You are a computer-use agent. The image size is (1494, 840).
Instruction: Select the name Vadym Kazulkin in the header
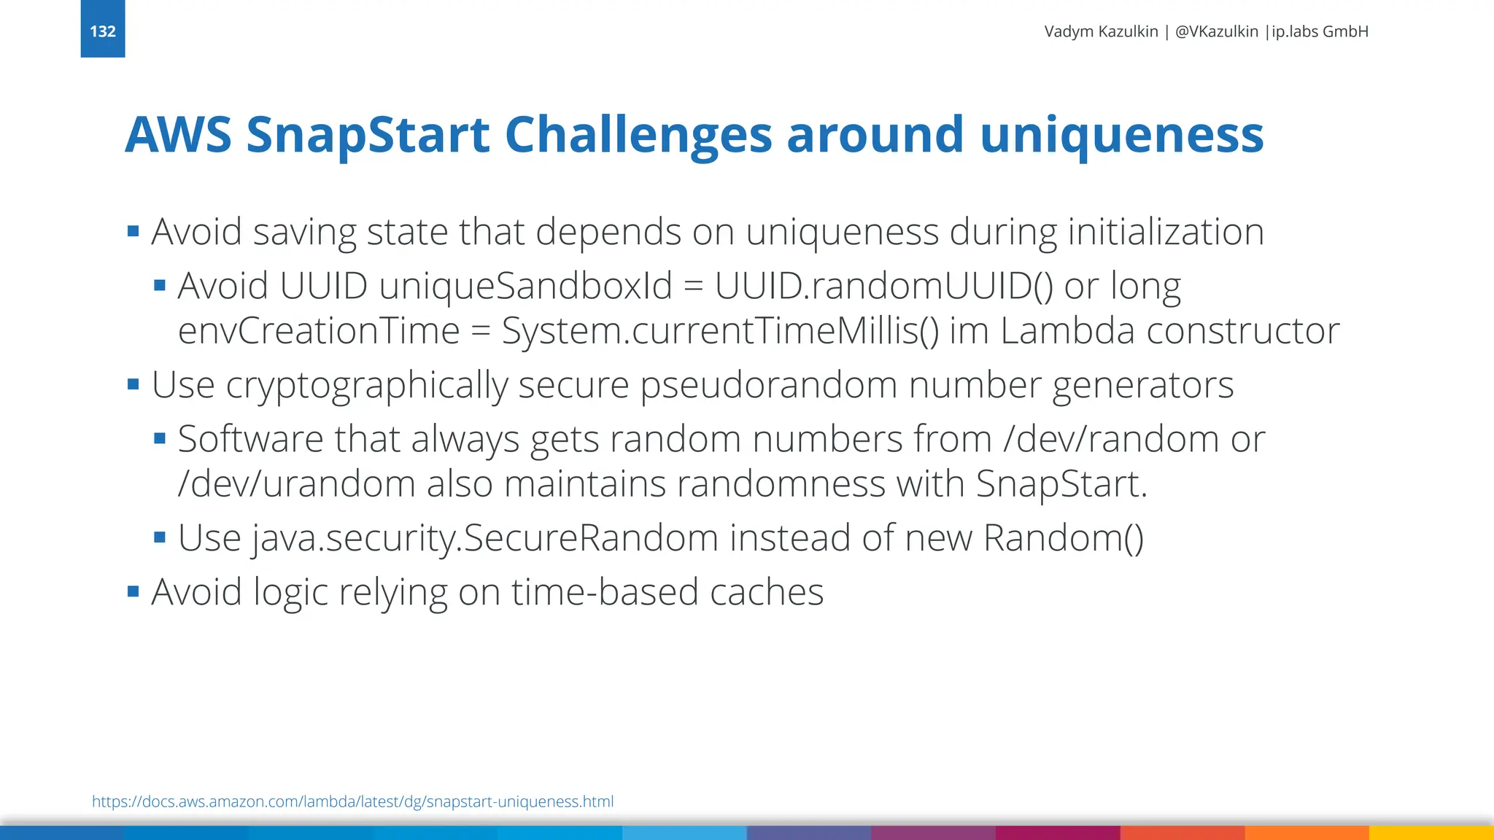click(x=1101, y=31)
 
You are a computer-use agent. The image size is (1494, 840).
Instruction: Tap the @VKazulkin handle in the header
click(x=1217, y=31)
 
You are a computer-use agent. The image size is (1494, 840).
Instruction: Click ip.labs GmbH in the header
click(x=1320, y=31)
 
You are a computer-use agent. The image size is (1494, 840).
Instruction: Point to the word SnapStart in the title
click(x=368, y=135)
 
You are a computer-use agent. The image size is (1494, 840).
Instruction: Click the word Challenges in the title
click(x=638, y=135)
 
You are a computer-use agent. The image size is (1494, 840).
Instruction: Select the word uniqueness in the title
click(x=1121, y=135)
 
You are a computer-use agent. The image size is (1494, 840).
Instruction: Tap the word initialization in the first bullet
click(x=1166, y=232)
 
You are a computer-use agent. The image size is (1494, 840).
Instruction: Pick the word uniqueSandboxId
click(x=525, y=286)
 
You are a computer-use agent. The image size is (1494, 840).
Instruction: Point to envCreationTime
click(x=319, y=331)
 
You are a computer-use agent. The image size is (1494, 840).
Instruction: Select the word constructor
click(x=1243, y=331)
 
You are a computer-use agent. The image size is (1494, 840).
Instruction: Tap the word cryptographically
click(x=367, y=385)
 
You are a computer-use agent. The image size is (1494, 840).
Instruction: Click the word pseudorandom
click(x=768, y=385)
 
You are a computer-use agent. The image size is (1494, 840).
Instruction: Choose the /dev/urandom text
click(x=297, y=484)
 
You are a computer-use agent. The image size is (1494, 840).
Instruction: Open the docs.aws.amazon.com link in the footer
click(x=352, y=801)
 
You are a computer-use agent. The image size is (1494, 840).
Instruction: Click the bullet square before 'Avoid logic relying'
click(x=133, y=591)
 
